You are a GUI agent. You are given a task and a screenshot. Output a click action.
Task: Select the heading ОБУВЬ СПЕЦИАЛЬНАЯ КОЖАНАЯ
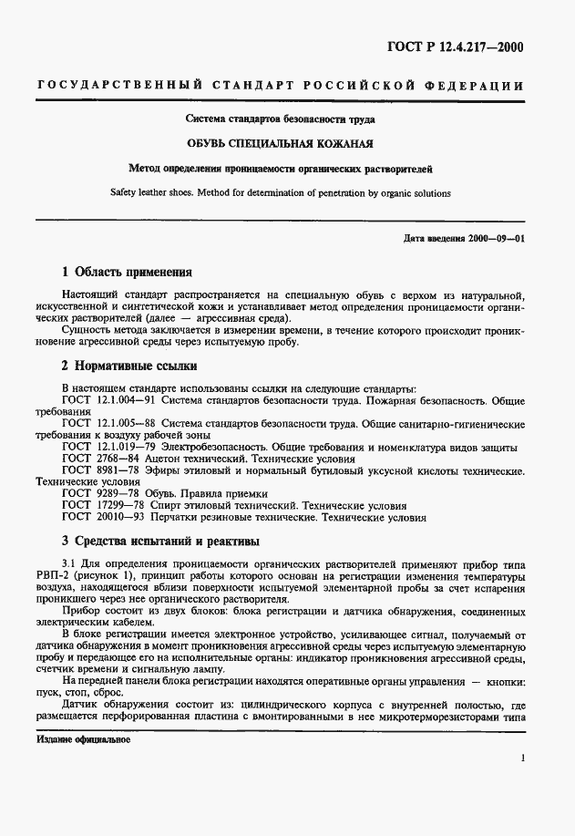click(x=287, y=144)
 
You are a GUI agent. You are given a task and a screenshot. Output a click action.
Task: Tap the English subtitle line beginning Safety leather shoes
click(x=287, y=193)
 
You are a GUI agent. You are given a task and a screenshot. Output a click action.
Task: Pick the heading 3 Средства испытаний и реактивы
click(x=159, y=541)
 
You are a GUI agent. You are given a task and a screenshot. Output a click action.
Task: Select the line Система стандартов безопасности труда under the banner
click(x=287, y=119)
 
